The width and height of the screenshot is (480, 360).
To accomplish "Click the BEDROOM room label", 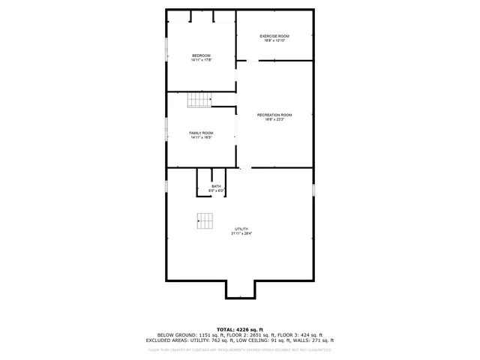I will point(201,55).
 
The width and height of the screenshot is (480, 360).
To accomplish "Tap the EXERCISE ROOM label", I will point(274,36).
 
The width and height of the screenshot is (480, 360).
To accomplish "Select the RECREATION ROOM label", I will point(274,115).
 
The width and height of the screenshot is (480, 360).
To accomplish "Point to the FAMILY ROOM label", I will point(201,133).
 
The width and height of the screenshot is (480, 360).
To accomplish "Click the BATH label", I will point(216,186).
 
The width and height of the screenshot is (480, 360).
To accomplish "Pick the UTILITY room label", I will point(241,229).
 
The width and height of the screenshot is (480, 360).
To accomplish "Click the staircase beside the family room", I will point(199,100).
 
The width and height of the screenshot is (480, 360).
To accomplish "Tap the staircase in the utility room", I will point(205,220).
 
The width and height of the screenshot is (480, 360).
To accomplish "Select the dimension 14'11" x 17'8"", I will point(201,60).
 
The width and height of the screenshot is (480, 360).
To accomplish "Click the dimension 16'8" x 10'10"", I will point(274,40).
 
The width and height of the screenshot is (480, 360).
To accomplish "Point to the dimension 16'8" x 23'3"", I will point(274,119).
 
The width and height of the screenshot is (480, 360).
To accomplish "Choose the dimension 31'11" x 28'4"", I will point(241,233).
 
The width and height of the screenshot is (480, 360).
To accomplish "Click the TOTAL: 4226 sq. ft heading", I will point(240,329).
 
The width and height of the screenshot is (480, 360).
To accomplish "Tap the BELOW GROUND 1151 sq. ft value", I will point(187,334).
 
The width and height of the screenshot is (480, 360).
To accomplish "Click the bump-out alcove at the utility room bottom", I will point(240,289).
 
